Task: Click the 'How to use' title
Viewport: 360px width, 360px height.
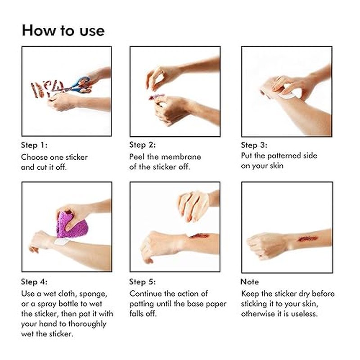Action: (63, 31)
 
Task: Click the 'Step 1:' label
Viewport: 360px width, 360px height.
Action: (34, 145)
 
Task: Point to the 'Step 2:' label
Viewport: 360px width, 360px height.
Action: (142, 144)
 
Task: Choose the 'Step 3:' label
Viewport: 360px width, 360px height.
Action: (254, 145)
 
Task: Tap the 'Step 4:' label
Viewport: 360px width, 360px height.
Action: (34, 282)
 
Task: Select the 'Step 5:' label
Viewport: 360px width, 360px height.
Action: (142, 282)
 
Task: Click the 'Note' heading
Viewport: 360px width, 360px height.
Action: (250, 282)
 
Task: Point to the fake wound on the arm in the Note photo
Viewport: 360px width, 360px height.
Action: (308, 239)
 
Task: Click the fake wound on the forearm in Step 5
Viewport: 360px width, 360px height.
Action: (199, 235)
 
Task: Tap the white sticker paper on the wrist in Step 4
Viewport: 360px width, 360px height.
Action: (62, 242)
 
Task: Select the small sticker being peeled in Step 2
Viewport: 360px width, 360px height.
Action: (156, 96)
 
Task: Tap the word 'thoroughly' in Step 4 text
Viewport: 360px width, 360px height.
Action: (87, 324)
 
